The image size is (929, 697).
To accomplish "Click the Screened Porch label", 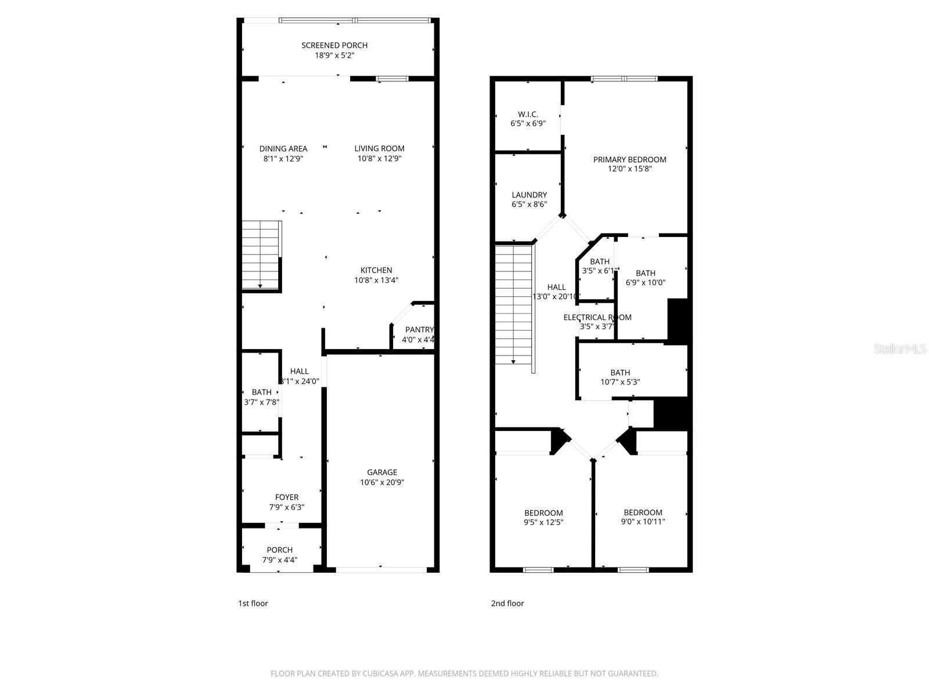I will (334, 45).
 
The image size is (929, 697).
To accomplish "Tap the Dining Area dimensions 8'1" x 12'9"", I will (283, 159).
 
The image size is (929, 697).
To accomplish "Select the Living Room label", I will (379, 149).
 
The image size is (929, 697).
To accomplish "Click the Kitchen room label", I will (376, 270).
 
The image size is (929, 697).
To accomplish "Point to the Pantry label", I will (419, 330).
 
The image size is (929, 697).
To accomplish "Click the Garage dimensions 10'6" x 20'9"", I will (382, 482).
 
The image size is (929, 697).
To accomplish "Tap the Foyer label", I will (287, 497).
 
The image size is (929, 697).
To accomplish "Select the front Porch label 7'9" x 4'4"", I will (280, 555).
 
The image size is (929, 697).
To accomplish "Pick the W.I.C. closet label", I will (528, 114).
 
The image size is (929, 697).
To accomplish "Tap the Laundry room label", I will (529, 195).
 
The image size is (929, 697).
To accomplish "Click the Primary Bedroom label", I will (629, 160).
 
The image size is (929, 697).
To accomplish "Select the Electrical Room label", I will (597, 317).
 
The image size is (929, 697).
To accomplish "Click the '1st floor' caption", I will (253, 603).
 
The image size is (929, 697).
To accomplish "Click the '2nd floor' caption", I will (507, 603).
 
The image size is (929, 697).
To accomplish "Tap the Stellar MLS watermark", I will (900, 349).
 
